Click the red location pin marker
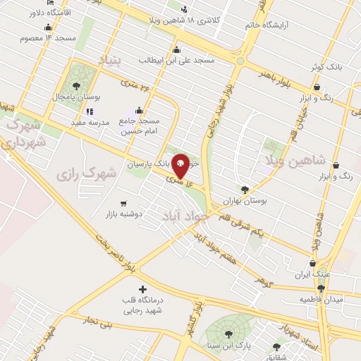(x=180, y=165)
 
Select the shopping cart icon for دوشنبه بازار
(x=124, y=202)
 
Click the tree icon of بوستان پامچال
(x=76, y=86)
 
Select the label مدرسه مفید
(x=90, y=122)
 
